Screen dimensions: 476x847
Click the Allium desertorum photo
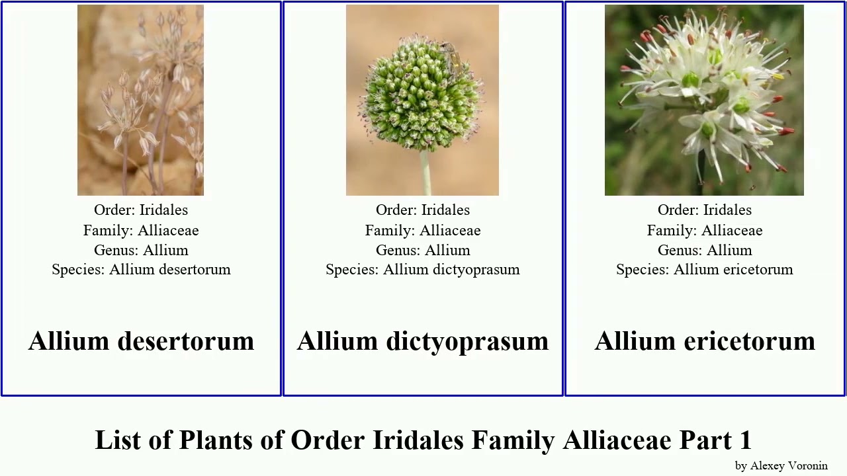[x=140, y=100]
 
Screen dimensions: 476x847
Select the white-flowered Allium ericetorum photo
[x=704, y=100]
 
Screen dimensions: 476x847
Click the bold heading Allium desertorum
[x=141, y=341]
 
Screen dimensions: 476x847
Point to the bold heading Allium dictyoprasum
[x=423, y=341]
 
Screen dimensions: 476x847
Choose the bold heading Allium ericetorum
[x=705, y=341]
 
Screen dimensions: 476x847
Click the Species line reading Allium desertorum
[x=141, y=270]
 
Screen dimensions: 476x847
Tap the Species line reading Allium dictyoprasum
[x=423, y=270]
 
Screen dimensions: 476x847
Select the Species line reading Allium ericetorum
[x=705, y=270]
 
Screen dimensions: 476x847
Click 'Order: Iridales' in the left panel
[x=141, y=210]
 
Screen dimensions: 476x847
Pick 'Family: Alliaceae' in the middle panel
[x=423, y=230]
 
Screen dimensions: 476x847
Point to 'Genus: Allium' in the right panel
[x=705, y=250]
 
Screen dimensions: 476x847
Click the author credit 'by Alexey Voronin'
[x=781, y=465]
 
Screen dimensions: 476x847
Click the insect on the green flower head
[x=452, y=57]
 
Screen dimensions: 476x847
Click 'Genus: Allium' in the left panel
[x=141, y=250]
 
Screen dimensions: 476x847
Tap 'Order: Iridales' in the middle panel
[x=423, y=210]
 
